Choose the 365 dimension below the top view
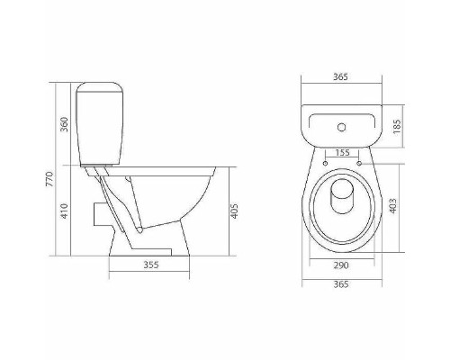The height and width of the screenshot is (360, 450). click(x=339, y=285)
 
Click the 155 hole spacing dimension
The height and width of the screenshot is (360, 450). click(x=341, y=153)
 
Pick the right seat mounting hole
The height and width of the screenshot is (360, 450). click(x=359, y=164)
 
